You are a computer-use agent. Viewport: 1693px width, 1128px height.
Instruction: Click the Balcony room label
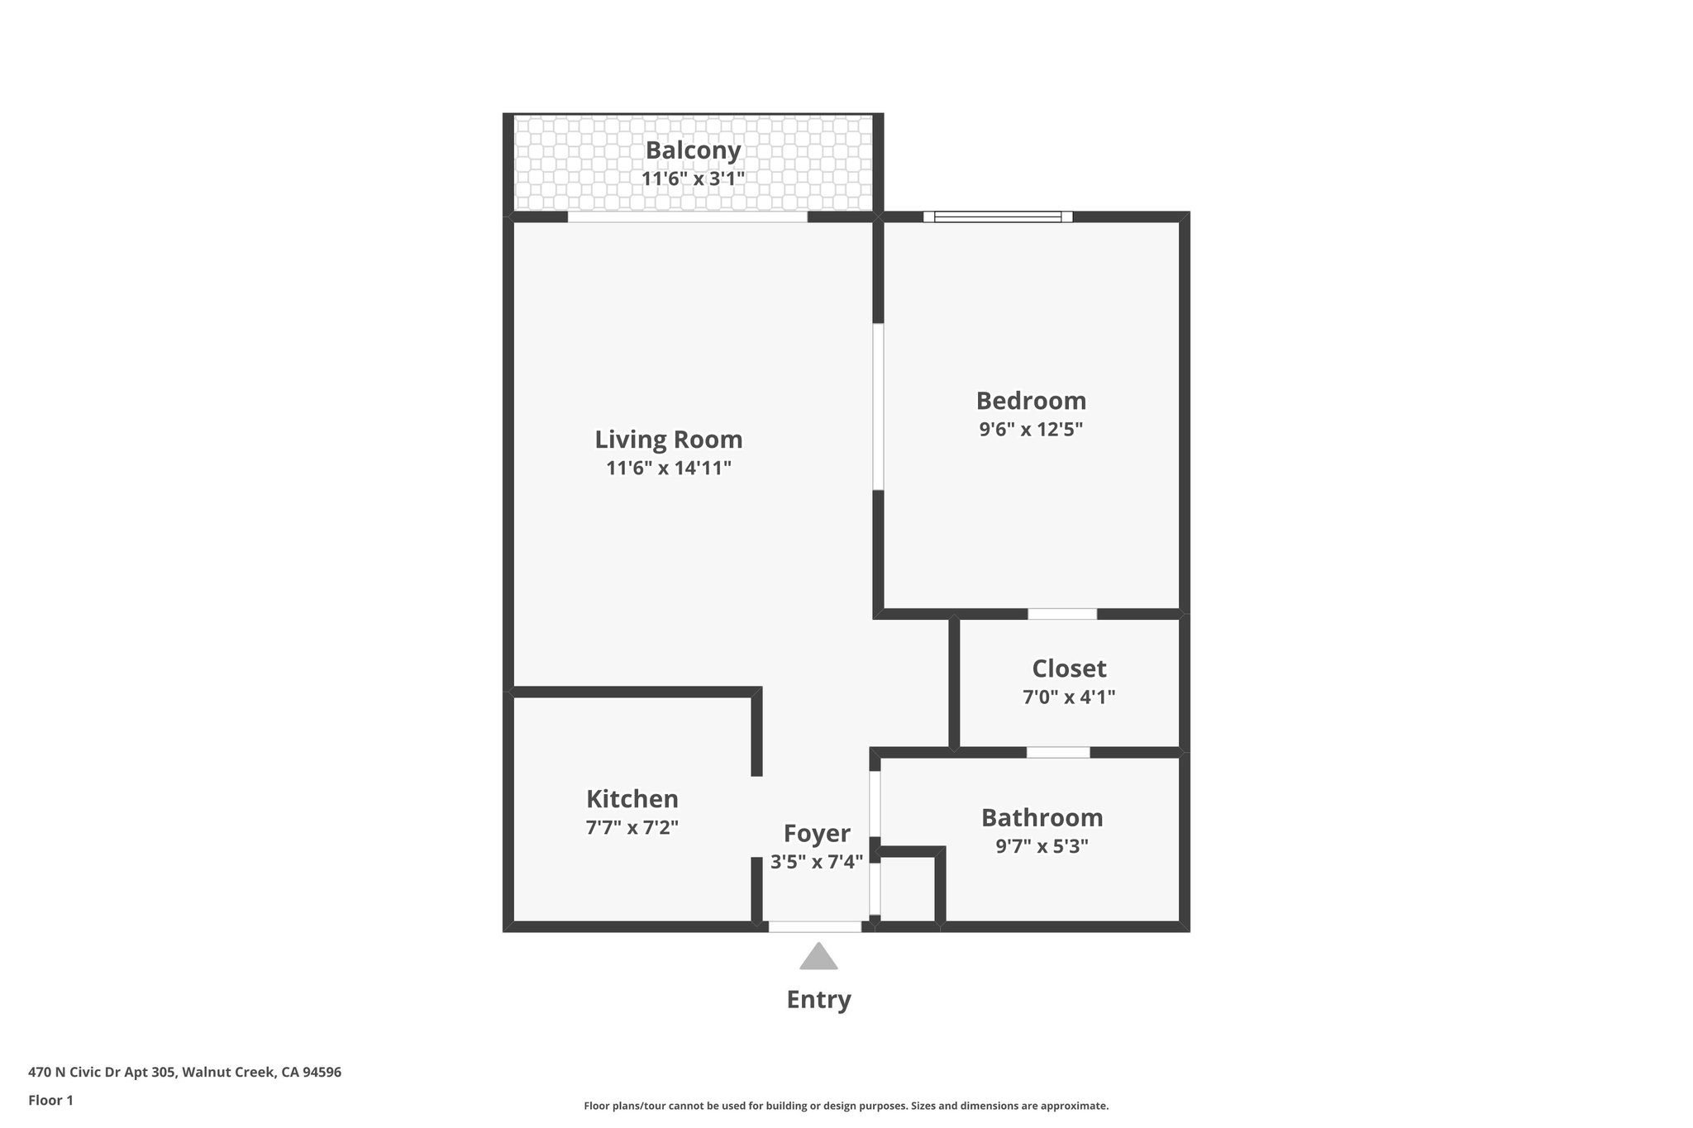coord(693,150)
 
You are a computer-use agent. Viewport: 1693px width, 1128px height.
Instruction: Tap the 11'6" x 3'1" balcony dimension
coord(693,178)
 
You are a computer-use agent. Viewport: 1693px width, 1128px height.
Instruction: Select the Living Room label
coord(669,439)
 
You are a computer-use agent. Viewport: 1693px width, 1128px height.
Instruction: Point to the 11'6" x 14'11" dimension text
coord(669,469)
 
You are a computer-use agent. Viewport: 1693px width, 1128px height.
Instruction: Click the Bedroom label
coord(1031,401)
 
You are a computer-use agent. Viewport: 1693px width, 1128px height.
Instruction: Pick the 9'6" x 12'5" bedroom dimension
coord(1031,430)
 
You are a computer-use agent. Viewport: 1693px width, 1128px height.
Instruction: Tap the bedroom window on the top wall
coord(998,217)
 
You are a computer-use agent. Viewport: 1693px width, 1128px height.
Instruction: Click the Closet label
coord(1069,669)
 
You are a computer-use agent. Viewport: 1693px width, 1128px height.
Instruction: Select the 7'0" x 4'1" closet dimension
coord(1069,697)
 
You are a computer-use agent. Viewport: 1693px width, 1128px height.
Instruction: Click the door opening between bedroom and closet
coord(1062,614)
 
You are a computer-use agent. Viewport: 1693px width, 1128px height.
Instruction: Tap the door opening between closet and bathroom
coord(1058,753)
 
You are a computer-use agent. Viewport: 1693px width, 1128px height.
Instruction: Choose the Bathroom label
coord(1042,818)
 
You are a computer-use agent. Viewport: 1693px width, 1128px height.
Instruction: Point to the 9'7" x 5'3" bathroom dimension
coord(1042,846)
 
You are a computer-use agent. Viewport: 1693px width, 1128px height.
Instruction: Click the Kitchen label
coord(632,799)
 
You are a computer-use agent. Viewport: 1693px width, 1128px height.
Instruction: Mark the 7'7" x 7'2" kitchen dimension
coord(632,828)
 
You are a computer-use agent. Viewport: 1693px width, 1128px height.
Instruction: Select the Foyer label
coord(817,833)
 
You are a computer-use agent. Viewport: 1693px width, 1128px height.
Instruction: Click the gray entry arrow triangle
coord(818,958)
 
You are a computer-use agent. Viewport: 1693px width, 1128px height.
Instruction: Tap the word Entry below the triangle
coord(818,1000)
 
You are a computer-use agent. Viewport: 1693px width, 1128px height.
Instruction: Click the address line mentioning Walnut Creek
coord(184,1073)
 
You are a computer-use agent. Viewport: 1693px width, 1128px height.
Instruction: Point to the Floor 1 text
coord(50,1101)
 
